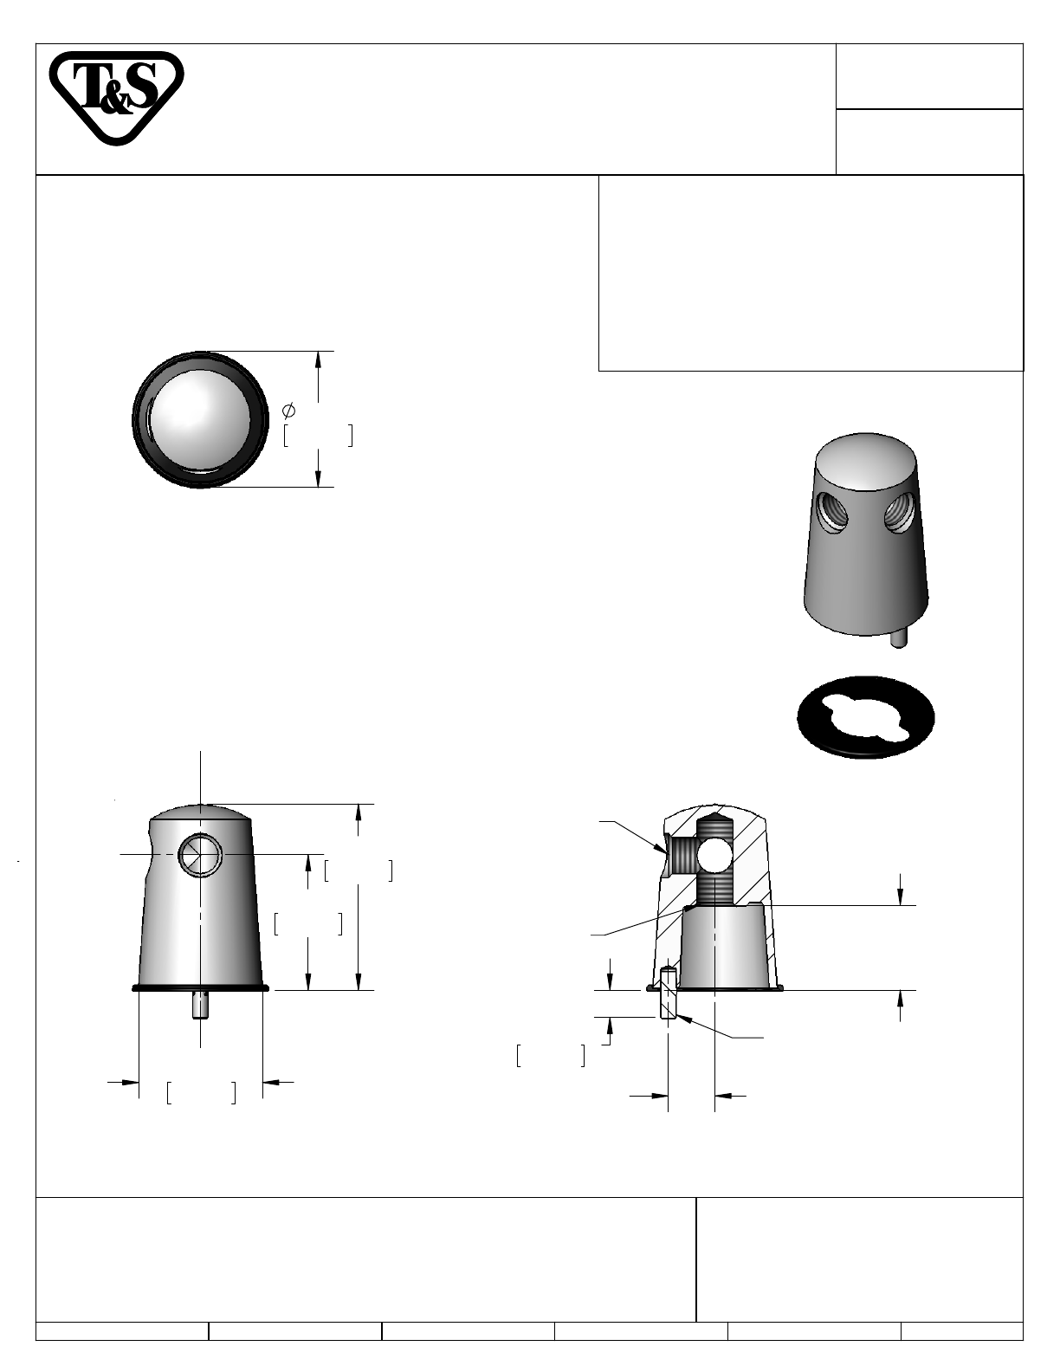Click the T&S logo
(116, 97)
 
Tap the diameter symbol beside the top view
(288, 411)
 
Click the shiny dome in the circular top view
(199, 418)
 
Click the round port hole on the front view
(200, 854)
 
